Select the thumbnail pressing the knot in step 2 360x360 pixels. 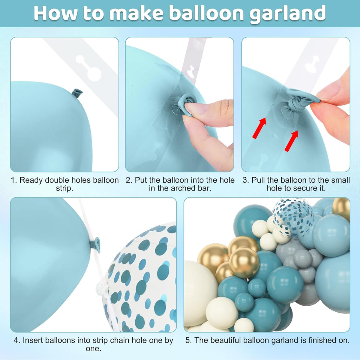(194, 108)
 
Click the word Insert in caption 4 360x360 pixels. (33, 340)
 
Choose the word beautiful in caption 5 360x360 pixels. (225, 340)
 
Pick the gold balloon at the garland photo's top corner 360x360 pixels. (341, 208)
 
